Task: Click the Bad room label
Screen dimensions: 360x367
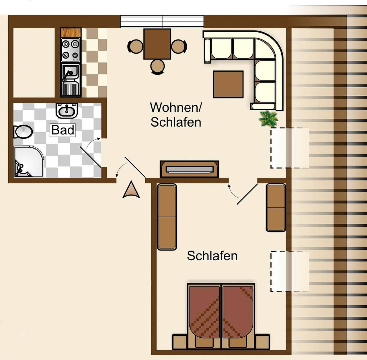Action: [63, 130]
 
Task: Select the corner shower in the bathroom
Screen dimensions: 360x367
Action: [28, 162]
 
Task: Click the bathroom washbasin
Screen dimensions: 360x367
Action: [67, 110]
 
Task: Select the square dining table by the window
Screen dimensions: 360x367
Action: [157, 44]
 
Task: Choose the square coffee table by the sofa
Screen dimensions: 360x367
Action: [228, 84]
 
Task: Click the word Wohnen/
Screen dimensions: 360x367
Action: [176, 108]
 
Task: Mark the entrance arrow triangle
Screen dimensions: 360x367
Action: [131, 190]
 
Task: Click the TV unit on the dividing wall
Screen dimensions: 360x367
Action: [190, 169]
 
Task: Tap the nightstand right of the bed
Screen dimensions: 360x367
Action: [262, 342]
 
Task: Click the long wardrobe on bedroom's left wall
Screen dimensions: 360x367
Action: [167, 217]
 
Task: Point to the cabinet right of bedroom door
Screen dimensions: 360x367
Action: [276, 208]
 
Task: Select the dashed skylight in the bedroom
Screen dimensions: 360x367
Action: [290, 271]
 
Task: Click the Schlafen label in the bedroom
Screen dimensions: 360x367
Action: [212, 256]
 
